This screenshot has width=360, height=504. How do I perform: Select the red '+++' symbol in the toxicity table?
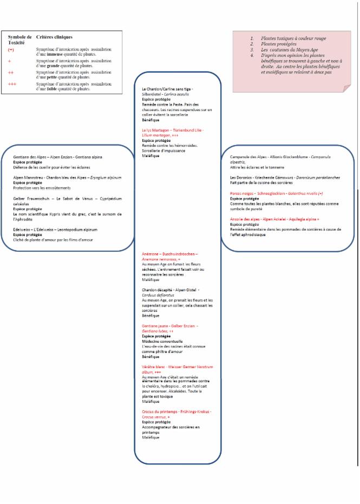13,84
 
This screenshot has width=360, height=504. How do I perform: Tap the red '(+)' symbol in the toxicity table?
11,49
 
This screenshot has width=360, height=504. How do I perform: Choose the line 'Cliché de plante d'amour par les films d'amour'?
53,239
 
